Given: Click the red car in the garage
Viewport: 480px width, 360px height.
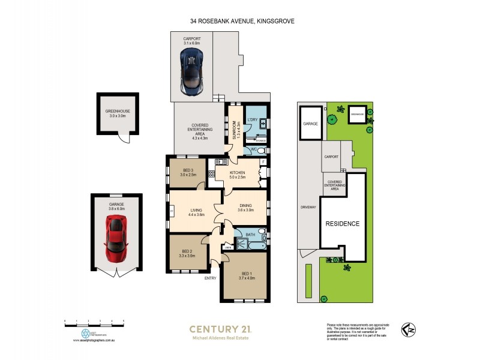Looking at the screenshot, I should pos(116,238).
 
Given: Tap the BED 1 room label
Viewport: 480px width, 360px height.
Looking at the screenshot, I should pos(247,275).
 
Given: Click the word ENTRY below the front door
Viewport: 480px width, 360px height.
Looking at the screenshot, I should pos(210,278).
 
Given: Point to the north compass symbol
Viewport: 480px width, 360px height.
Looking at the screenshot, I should pos(409,330).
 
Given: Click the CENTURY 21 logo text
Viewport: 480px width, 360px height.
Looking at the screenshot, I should pos(220,329).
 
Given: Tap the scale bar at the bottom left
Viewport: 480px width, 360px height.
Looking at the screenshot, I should pos(94,322).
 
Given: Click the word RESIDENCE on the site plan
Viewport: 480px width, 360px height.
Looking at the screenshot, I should pos(342,224).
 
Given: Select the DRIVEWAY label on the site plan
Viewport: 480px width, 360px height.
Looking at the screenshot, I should pos(309,208).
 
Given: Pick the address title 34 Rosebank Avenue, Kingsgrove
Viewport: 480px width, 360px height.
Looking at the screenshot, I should pos(239,21).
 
